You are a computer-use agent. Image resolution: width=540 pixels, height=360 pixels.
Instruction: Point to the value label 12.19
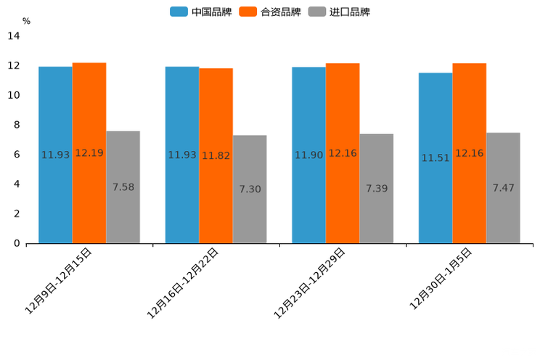click(x=89, y=153)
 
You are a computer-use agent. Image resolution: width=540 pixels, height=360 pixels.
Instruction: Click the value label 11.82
click(x=216, y=155)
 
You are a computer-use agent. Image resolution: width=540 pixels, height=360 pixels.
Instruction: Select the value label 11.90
click(x=308, y=155)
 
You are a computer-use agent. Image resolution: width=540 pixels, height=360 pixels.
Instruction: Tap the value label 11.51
click(x=435, y=158)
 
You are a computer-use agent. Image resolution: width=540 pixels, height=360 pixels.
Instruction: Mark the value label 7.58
click(x=123, y=187)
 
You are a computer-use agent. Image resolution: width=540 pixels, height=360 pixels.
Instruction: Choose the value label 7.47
click(x=503, y=188)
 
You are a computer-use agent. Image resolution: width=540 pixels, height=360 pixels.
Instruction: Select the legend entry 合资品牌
click(x=270, y=12)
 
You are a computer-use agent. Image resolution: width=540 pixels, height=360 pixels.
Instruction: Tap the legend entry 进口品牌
click(x=339, y=12)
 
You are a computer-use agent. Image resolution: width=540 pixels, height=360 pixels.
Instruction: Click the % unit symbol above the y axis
click(x=26, y=21)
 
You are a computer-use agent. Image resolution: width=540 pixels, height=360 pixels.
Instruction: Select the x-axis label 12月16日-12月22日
click(x=183, y=283)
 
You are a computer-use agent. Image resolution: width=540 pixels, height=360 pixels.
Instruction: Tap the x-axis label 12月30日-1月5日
click(x=441, y=279)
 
